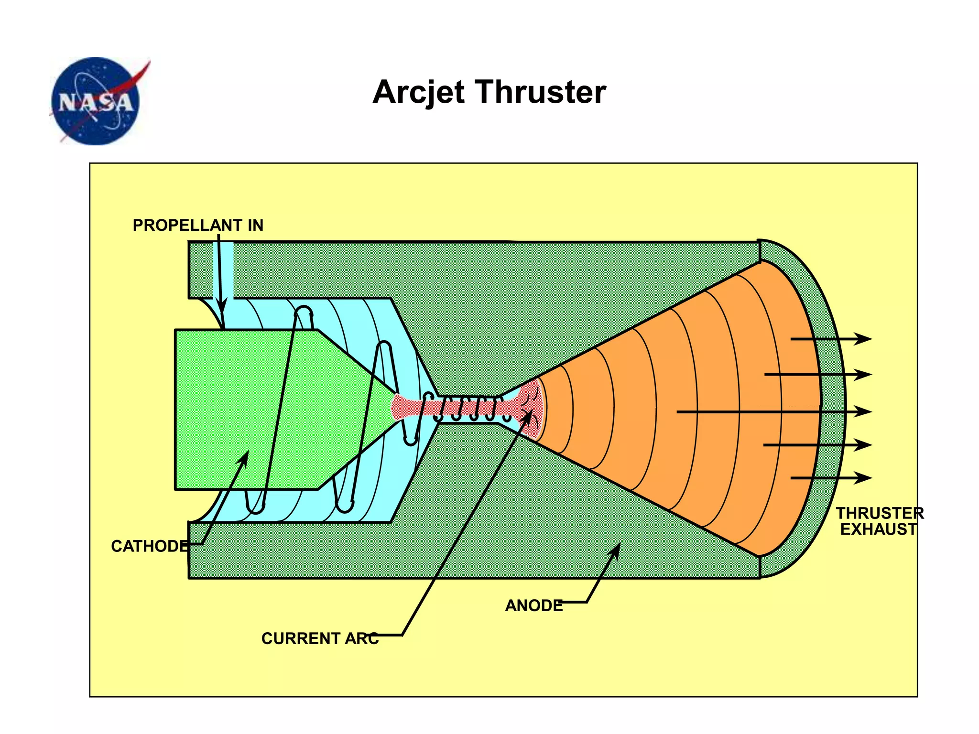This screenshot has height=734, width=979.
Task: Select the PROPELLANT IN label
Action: (x=198, y=225)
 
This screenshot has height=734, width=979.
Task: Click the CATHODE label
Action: (x=150, y=546)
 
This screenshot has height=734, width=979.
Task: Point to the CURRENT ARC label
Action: (x=320, y=638)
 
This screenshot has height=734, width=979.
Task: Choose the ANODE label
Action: (x=534, y=605)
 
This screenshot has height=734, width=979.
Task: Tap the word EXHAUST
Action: (x=878, y=529)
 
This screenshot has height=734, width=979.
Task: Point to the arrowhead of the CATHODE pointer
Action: (x=245, y=457)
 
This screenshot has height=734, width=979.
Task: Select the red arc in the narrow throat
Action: (x=468, y=408)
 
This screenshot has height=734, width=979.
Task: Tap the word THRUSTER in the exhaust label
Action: (x=880, y=513)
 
